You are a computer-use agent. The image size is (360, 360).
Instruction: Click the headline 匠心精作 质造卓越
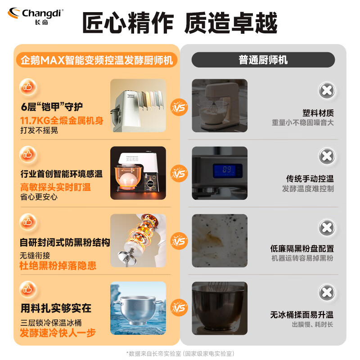coord(180,23)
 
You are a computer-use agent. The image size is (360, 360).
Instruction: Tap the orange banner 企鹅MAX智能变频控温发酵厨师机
coord(96,60)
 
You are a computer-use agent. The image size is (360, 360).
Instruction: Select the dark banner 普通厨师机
coord(263,60)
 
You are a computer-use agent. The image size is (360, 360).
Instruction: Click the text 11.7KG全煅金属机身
coord(62,121)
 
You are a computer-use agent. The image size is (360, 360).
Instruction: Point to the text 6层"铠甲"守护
coord(52,107)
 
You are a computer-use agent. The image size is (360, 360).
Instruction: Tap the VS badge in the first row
coord(179,108)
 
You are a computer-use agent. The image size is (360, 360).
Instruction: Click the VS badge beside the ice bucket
coord(179,308)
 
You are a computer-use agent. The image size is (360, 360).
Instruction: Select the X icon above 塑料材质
coord(327,90)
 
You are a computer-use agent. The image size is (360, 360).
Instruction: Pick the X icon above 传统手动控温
coord(327,157)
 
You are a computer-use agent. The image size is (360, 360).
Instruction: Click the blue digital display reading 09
coord(227,170)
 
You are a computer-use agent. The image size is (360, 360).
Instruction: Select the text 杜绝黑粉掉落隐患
coord(58,265)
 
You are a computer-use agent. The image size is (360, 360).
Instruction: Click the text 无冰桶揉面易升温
coord(301,315)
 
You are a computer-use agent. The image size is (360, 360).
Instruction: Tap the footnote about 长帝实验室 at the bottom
coord(180,353)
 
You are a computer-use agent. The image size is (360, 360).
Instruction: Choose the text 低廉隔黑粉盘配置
coord(302,248)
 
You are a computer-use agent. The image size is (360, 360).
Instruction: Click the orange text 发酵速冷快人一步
coord(58,333)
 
